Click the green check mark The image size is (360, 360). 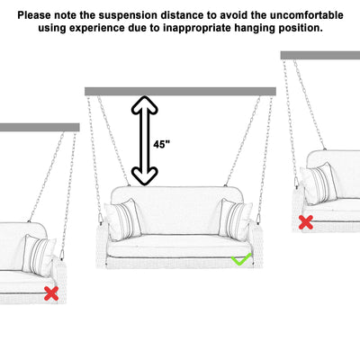click(240, 259)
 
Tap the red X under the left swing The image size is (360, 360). click(52, 292)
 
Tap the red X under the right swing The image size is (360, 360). click(306, 221)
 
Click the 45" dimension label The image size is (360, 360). click(161, 144)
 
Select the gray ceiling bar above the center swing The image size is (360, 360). click(180, 91)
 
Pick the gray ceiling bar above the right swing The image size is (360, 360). click(320, 56)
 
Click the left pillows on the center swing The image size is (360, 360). click(123, 219)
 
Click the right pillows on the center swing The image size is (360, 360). click(236, 219)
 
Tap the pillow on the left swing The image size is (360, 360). click(40, 255)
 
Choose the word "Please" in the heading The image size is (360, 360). click(36, 15)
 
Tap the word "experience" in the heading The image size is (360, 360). click(121, 29)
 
